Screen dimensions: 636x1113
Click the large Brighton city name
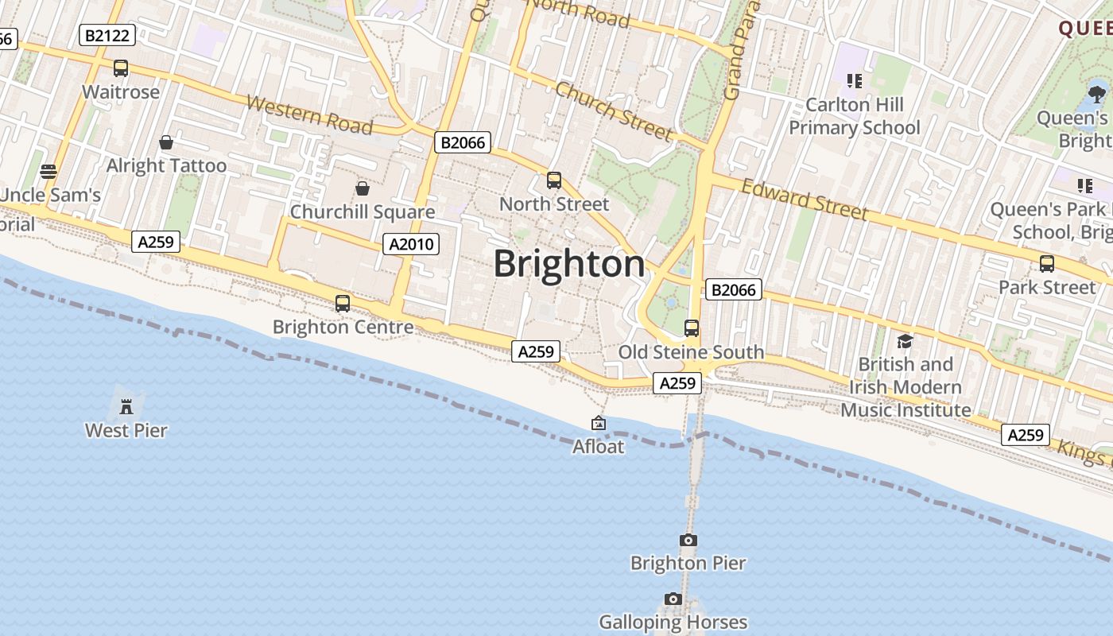point(569,264)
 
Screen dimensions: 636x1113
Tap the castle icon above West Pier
point(126,407)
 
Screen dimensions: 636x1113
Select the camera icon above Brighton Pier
point(688,541)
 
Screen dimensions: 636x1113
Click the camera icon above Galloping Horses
point(673,599)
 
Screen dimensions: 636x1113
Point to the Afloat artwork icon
point(599,424)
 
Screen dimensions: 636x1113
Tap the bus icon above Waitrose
point(121,68)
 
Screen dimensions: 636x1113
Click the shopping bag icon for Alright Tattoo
point(166,142)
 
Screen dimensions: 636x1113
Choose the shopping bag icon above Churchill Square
point(363,188)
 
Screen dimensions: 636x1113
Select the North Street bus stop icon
point(554,180)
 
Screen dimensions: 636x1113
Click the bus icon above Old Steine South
point(692,328)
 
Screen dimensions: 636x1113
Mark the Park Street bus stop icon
point(1047,264)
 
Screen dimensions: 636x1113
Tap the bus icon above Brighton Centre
point(343,303)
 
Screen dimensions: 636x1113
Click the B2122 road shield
point(108,35)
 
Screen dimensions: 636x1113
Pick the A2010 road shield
point(411,244)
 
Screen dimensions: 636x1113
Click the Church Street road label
point(613,110)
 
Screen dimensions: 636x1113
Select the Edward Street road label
point(804,199)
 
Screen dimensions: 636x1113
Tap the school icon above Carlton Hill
point(855,80)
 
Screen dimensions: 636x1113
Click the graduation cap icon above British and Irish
point(905,341)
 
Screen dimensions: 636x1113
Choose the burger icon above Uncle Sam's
point(48,172)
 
